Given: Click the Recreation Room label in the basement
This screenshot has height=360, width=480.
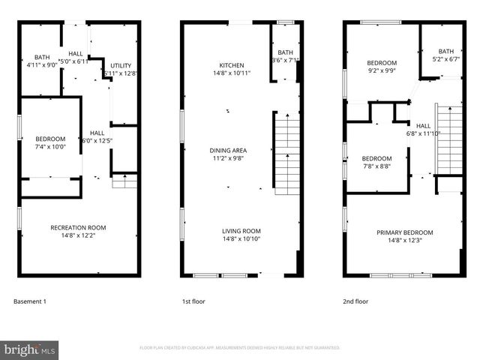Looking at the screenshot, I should pyautogui.click(x=78, y=231).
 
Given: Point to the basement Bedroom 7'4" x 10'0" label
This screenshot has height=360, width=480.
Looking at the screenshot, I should pyautogui.click(x=50, y=142).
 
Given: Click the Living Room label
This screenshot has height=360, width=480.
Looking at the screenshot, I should pyautogui.click(x=241, y=235).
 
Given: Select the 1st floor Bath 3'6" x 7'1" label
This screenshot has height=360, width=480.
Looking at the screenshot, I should pyautogui.click(x=285, y=56).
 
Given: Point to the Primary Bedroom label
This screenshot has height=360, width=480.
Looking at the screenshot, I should pyautogui.click(x=404, y=236).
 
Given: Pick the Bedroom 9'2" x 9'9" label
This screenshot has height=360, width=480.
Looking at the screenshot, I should pyautogui.click(x=382, y=66).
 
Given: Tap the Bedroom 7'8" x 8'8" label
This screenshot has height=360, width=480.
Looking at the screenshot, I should pyautogui.click(x=376, y=162).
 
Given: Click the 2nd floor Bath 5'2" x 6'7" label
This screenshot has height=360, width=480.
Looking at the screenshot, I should pyautogui.click(x=446, y=55).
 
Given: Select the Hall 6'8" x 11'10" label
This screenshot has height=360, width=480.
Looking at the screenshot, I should pyautogui.click(x=424, y=130).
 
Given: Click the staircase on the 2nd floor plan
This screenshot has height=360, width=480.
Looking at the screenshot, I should pyautogui.click(x=448, y=142).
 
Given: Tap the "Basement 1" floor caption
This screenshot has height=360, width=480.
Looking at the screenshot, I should pyautogui.click(x=30, y=301).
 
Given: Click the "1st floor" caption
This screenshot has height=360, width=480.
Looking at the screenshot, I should pyautogui.click(x=193, y=301).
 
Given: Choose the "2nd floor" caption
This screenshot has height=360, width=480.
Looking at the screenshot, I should pyautogui.click(x=355, y=301).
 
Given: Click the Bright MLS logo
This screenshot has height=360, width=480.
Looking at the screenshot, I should pyautogui.click(x=30, y=349).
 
